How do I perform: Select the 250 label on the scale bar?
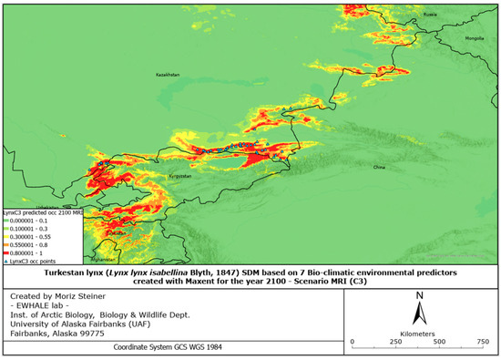(398, 342)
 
